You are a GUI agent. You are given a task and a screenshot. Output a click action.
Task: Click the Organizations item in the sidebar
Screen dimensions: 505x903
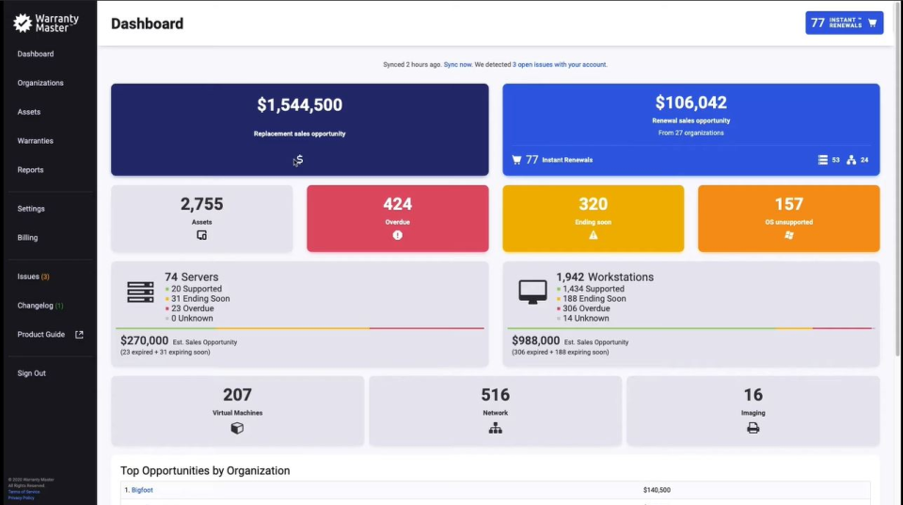pos(40,83)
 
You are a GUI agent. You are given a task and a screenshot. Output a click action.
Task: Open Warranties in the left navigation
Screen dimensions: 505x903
pos(35,141)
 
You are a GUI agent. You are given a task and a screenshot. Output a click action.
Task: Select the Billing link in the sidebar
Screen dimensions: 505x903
pos(27,238)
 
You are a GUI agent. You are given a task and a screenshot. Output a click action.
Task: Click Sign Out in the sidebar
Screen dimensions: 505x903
pos(31,373)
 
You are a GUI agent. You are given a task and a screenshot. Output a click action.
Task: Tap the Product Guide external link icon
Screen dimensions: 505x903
pos(79,335)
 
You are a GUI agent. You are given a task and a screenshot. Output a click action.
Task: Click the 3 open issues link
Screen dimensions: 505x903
pos(560,65)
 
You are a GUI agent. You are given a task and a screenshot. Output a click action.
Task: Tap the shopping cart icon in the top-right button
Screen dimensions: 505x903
pos(872,24)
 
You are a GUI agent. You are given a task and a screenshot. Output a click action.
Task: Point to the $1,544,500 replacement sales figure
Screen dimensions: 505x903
pos(299,105)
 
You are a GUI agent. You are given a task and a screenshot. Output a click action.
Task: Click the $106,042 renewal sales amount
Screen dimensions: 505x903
pos(690,103)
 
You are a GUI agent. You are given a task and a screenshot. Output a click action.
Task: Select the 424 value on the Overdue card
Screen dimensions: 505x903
pos(397,204)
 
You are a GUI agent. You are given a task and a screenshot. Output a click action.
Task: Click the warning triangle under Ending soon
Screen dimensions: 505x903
pos(594,235)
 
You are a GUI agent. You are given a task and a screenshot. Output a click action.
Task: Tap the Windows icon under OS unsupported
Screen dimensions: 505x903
pos(788,235)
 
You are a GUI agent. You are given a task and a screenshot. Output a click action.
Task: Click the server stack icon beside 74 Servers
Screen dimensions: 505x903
pos(140,292)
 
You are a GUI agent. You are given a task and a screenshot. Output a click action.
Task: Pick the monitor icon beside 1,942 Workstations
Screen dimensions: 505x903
pos(532,292)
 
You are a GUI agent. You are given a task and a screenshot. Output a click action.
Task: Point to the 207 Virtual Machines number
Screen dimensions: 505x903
pos(237,395)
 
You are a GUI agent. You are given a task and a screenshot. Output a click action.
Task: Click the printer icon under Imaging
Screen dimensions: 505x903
pos(752,428)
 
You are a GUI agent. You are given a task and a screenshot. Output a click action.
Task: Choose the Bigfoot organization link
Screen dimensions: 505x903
pos(142,490)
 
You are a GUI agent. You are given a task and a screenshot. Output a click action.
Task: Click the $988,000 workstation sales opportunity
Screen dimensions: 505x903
pos(534,340)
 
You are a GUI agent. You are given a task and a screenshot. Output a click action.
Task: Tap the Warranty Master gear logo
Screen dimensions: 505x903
pos(23,22)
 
